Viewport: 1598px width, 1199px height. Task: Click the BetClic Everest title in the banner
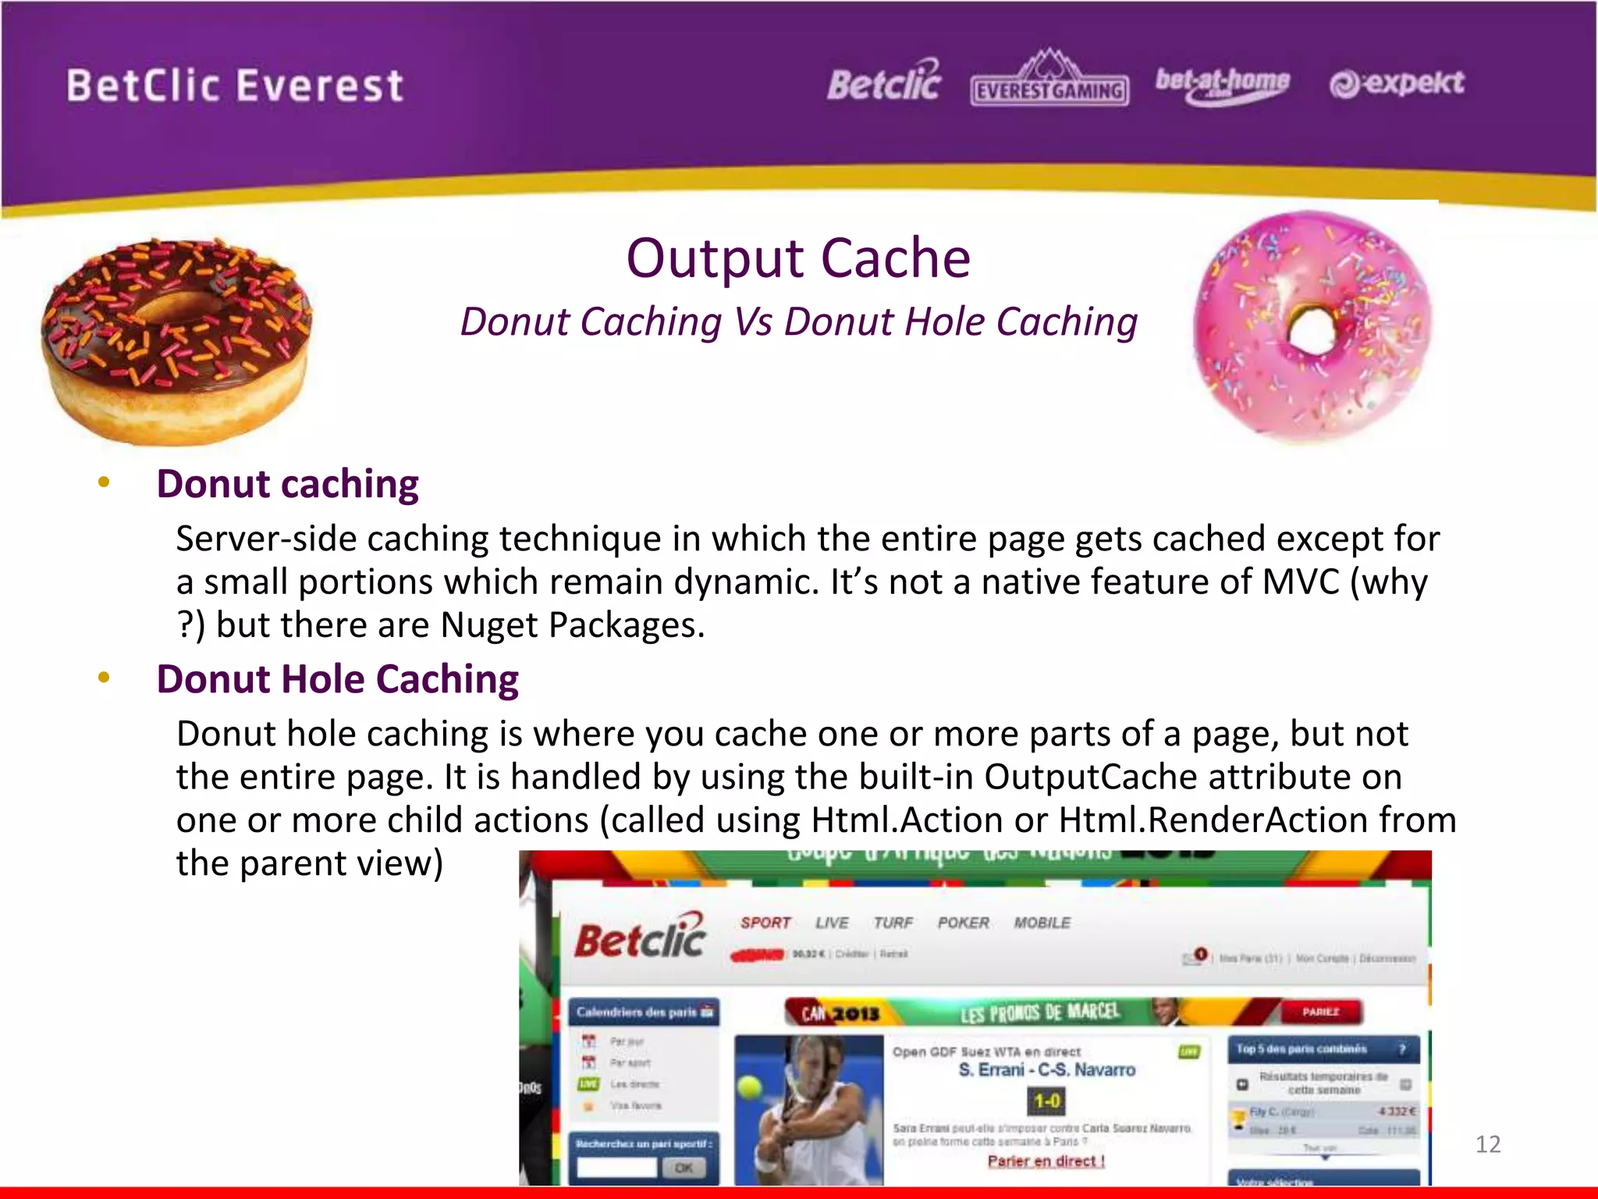click(x=235, y=86)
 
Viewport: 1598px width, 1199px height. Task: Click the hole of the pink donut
click(x=1313, y=332)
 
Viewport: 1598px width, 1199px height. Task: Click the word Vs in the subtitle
click(x=753, y=322)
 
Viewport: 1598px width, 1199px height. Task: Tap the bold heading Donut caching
click(x=287, y=484)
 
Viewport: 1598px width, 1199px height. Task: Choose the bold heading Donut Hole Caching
click(x=337, y=679)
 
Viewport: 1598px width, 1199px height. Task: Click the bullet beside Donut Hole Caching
click(x=104, y=678)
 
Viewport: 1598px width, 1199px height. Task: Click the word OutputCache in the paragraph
click(x=1090, y=777)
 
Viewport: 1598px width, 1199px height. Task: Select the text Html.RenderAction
click(x=1213, y=820)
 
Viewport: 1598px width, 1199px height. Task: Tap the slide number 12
click(x=1488, y=1144)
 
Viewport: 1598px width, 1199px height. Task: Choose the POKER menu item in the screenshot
click(x=963, y=923)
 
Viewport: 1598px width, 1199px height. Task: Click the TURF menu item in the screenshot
click(x=893, y=923)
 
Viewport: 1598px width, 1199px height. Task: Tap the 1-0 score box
click(x=1046, y=1101)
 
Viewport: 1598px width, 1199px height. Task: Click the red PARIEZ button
click(x=1320, y=1012)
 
